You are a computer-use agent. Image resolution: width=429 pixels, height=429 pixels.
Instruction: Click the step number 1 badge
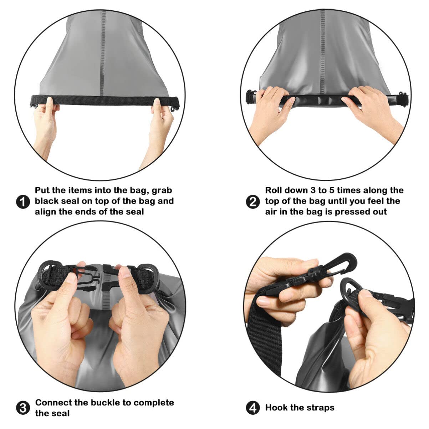pyautogui.click(x=23, y=202)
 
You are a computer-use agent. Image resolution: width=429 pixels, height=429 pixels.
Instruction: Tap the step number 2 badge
pyautogui.click(x=253, y=202)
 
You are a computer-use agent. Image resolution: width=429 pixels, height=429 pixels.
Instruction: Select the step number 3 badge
pyautogui.click(x=23, y=408)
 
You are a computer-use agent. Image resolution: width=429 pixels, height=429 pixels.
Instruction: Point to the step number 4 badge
pyautogui.click(x=253, y=408)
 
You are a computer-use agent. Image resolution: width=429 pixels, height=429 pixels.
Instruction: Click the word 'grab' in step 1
pyautogui.click(x=162, y=191)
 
